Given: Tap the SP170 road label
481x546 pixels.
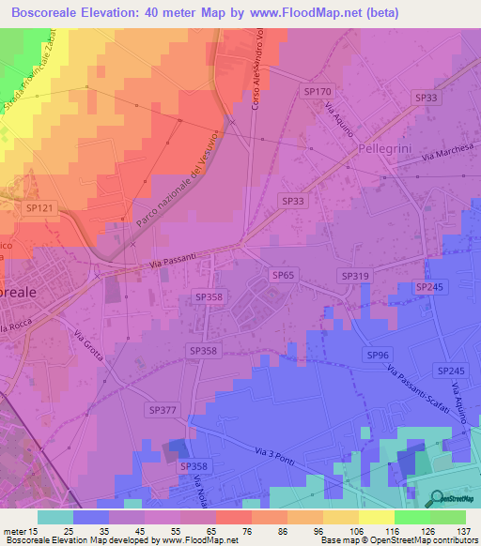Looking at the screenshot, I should [318, 91].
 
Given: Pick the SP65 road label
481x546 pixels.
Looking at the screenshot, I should [284, 275].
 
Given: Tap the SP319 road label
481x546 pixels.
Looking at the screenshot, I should [355, 275].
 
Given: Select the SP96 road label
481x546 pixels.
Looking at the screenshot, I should [379, 355].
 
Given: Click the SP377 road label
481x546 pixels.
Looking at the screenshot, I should [163, 410].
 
